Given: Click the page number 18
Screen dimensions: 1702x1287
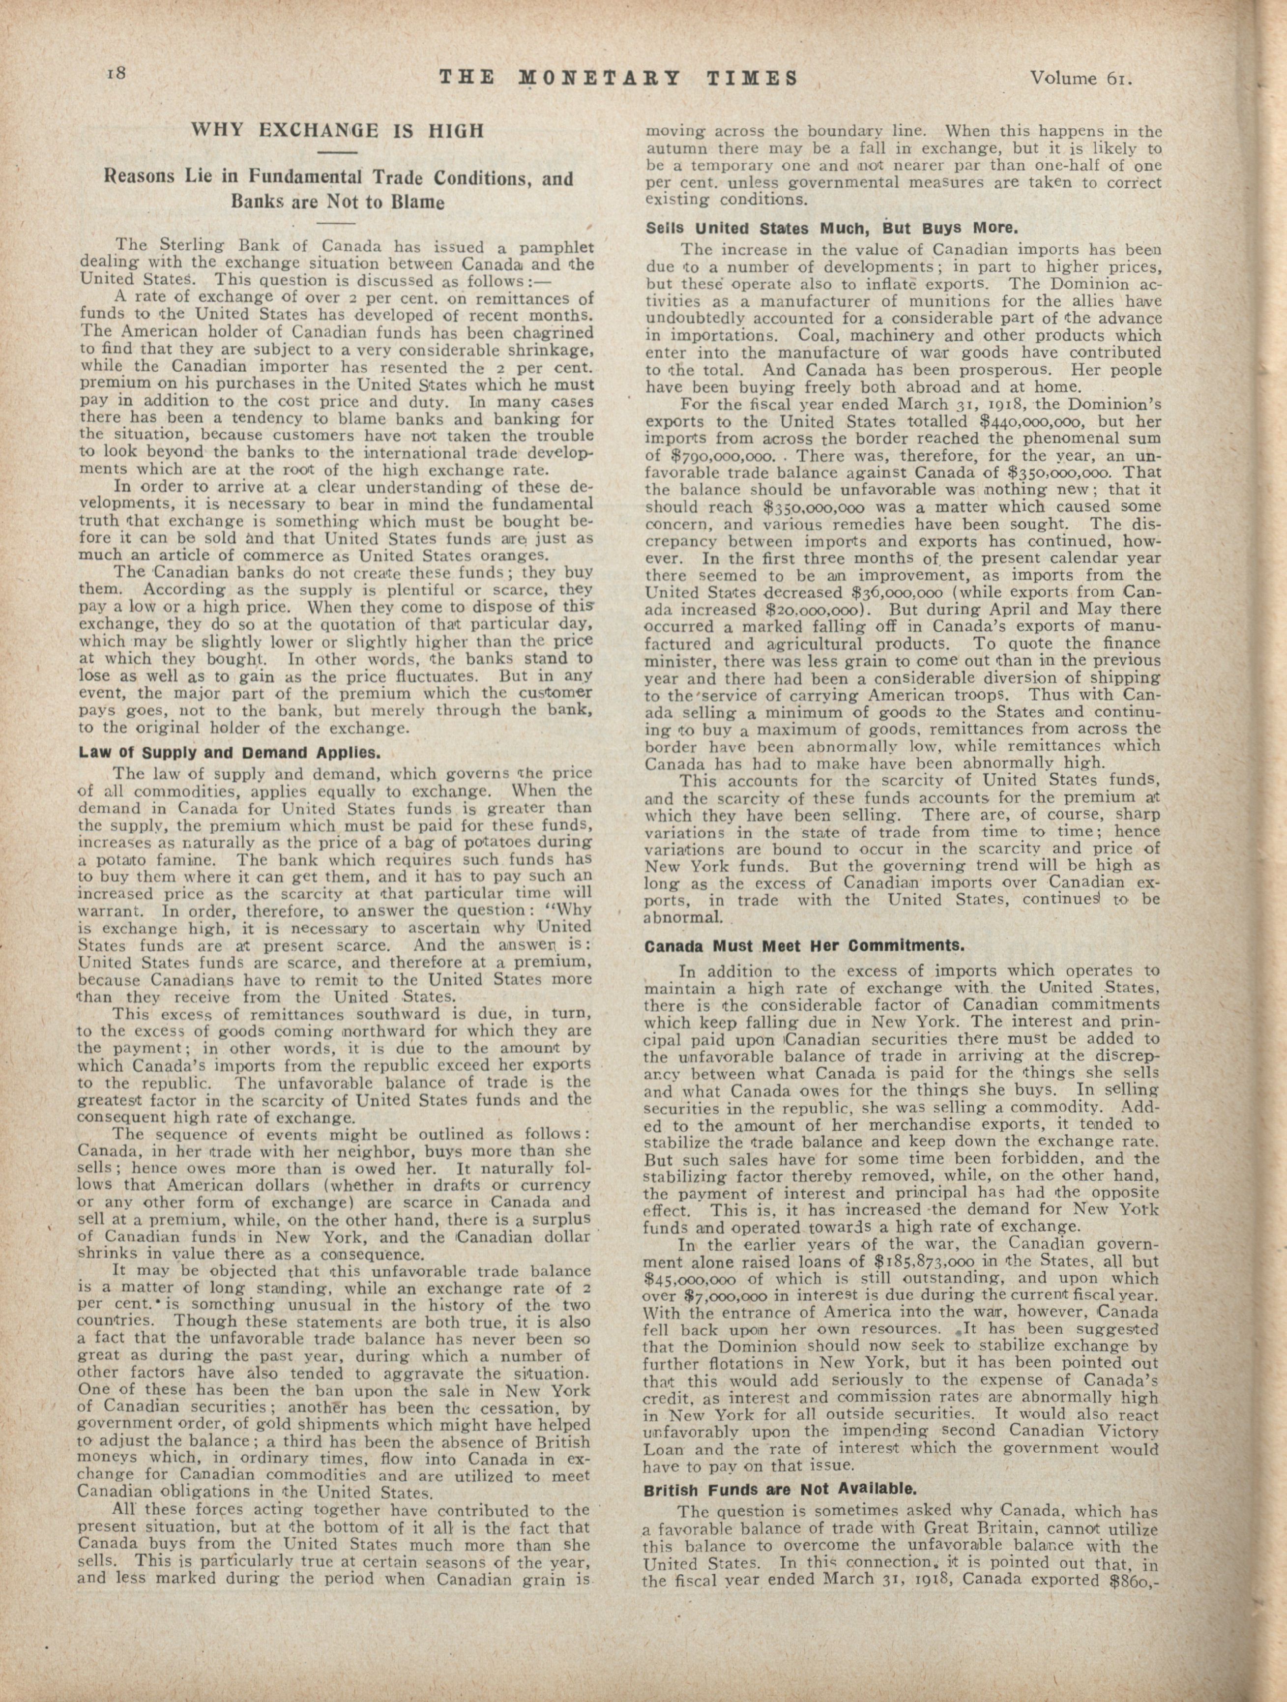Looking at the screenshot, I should coord(121,74).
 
